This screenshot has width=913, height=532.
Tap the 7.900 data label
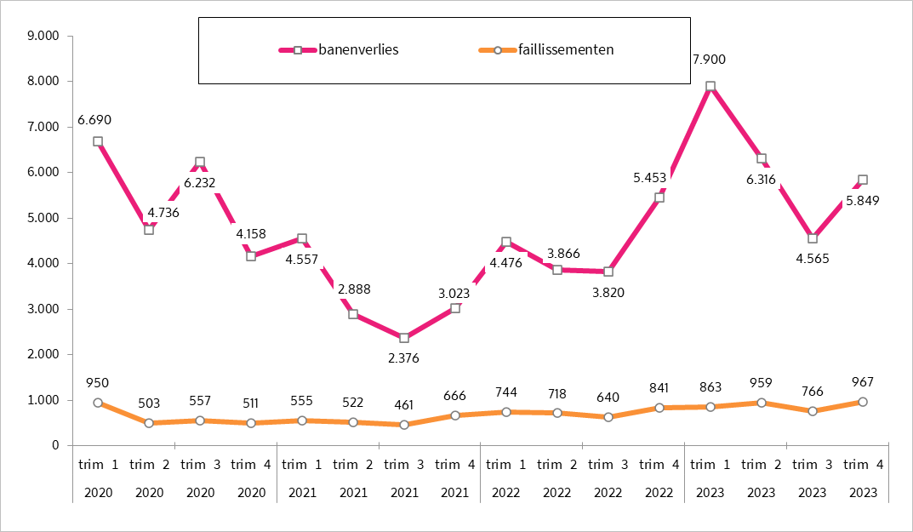click(710, 59)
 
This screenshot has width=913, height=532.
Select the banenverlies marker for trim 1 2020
click(98, 142)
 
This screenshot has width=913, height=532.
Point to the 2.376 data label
click(404, 358)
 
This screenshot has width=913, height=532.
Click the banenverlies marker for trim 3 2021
click(404, 338)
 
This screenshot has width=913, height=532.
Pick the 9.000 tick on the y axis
click(43, 36)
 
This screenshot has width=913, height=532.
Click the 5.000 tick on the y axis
click(43, 218)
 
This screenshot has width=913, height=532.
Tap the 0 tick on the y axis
click(54, 445)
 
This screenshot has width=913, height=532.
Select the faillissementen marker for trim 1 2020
click(98, 403)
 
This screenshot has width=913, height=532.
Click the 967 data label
click(862, 381)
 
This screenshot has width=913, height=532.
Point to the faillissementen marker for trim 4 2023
click(863, 402)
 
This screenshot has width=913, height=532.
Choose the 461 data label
click(404, 405)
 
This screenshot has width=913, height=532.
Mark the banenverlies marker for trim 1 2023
click(710, 87)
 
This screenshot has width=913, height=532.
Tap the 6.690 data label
click(94, 120)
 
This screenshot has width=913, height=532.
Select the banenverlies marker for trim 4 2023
click(863, 180)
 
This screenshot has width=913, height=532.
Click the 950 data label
click(98, 382)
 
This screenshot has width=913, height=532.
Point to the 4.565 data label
click(812, 258)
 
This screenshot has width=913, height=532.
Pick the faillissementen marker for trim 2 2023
click(761, 402)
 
